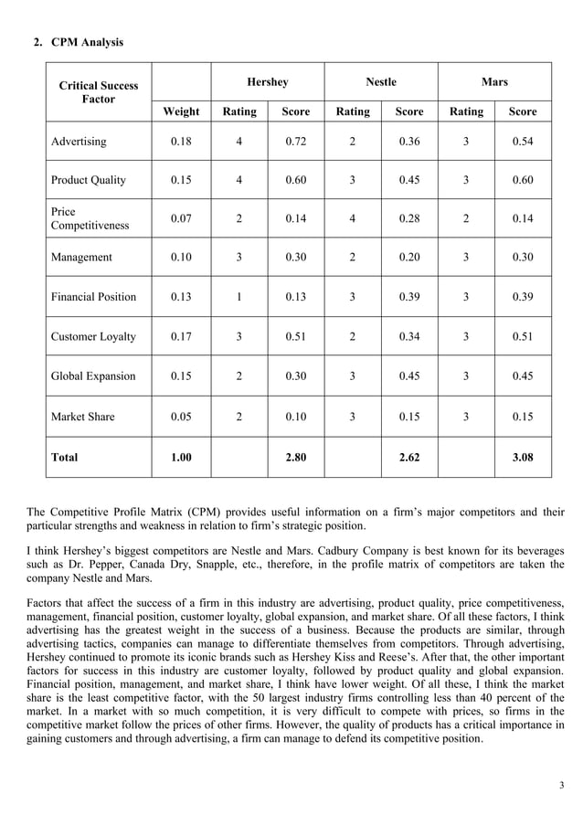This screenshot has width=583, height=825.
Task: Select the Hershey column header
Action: (268, 82)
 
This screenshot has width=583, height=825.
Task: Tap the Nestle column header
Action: (381, 82)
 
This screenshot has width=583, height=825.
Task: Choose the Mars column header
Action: (494, 82)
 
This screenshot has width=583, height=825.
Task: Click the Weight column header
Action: (181, 111)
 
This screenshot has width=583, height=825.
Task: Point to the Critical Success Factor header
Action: (99, 92)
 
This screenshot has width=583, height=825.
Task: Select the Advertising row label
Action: (79, 142)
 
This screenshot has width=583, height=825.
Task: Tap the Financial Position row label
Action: (93, 297)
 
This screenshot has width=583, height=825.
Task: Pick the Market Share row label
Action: (83, 417)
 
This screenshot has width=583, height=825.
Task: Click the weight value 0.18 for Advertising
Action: (181, 142)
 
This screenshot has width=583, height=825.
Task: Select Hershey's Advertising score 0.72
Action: (295, 142)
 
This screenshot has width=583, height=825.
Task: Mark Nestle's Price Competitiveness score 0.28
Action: (409, 218)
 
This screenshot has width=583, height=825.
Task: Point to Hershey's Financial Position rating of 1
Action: (239, 297)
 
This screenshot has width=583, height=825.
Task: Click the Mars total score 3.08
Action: (522, 457)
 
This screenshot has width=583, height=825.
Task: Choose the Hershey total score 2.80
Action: (295, 457)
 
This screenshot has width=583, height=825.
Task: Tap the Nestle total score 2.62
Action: (409, 457)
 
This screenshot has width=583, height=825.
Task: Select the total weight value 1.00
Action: (181, 457)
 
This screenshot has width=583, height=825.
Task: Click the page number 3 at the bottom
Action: (561, 786)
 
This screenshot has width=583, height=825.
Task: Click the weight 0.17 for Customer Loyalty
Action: (181, 337)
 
